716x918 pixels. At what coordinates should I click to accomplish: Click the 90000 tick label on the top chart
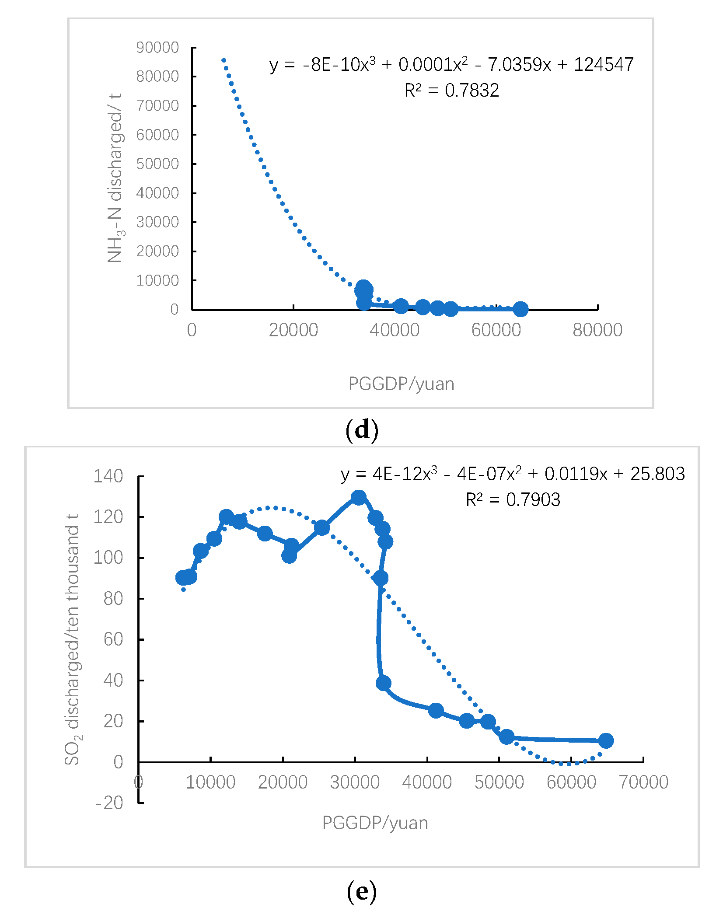(157, 47)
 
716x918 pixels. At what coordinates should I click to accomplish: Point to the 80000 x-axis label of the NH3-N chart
(597, 330)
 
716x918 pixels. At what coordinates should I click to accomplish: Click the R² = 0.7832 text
(451, 91)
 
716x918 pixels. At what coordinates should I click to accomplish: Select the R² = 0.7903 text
(513, 500)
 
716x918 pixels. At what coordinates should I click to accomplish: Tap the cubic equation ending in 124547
(451, 65)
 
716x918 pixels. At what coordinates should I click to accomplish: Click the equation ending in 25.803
(513, 474)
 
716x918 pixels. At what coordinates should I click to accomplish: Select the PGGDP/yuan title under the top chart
(401, 384)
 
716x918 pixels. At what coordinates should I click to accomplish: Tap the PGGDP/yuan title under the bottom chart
(375, 823)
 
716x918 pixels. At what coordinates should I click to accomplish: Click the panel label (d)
(362, 429)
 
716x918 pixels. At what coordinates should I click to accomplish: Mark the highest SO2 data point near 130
(359, 498)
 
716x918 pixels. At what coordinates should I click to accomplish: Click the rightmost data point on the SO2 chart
(606, 740)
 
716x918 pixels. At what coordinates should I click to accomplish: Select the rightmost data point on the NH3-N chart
(520, 309)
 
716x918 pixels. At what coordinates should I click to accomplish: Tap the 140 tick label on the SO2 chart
(108, 476)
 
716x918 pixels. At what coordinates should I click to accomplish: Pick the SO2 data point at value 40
(384, 683)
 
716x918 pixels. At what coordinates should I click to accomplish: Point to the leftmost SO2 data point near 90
(183, 578)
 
